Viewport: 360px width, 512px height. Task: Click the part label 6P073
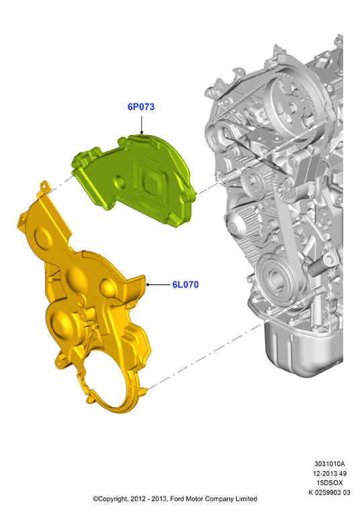[141, 107]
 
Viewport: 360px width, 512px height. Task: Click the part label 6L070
[185, 285]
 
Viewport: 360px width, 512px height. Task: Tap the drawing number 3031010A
[329, 464]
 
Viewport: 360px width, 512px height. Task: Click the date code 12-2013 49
[330, 473]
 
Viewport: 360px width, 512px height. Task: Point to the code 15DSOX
[330, 482]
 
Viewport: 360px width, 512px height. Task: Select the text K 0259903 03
[329, 493]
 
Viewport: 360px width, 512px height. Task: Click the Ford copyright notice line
[175, 499]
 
